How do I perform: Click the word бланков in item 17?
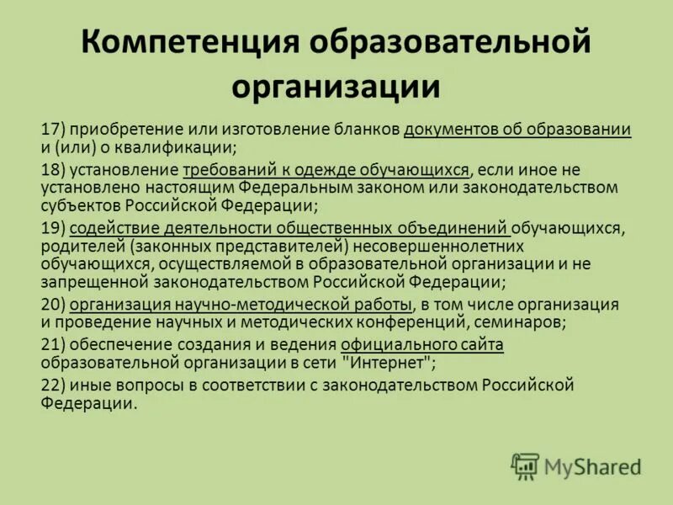(368, 129)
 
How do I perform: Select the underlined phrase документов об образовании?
(517, 129)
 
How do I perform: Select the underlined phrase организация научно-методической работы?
(241, 304)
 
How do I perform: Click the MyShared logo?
(576, 465)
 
